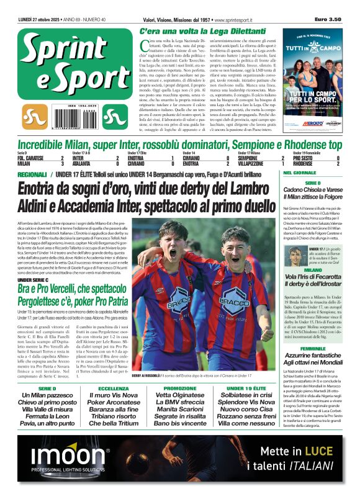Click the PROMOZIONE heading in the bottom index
coord(179,389)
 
